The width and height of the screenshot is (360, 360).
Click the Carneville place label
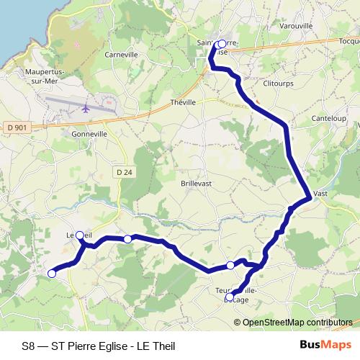[x=121, y=55]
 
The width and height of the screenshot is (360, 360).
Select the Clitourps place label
[x=277, y=84]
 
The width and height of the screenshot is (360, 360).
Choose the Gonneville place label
[x=89, y=134]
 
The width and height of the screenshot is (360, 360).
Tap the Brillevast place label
[x=195, y=183]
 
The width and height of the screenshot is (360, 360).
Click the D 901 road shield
[x=17, y=127]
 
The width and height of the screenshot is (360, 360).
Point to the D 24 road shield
[x=125, y=171]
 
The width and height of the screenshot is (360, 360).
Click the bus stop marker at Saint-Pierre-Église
[x=221, y=44]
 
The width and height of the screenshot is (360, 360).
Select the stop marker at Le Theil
[x=80, y=235]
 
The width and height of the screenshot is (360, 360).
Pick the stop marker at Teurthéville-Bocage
[x=230, y=297]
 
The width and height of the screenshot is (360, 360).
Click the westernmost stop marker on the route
[x=52, y=273]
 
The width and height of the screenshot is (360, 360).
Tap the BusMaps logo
[x=325, y=345]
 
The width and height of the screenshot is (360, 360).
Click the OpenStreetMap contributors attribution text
[x=297, y=322]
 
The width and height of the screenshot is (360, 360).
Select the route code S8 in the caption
[x=27, y=346]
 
